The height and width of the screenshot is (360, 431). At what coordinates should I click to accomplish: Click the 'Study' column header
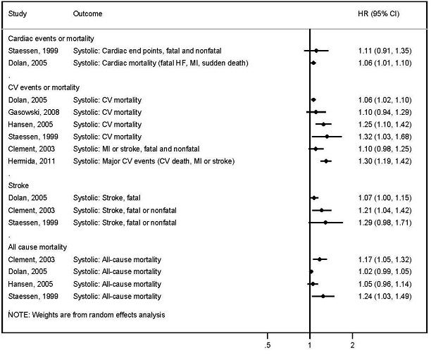(x=18, y=14)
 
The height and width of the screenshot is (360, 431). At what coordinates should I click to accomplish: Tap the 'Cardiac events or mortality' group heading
(x=50, y=38)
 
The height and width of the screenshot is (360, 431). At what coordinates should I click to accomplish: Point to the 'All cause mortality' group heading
(x=37, y=247)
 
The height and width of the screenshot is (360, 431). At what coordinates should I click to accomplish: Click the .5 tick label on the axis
(x=268, y=346)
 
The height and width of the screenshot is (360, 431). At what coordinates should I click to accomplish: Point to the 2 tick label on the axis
(x=352, y=346)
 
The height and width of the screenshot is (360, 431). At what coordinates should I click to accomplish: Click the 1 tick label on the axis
(x=310, y=346)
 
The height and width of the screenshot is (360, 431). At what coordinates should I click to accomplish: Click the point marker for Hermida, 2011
(x=326, y=161)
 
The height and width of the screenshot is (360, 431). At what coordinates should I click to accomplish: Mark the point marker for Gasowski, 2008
(x=316, y=112)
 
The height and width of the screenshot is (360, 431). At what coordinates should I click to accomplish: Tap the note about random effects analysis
(x=86, y=315)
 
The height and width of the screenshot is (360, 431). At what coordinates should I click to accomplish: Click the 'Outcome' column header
(x=87, y=14)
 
